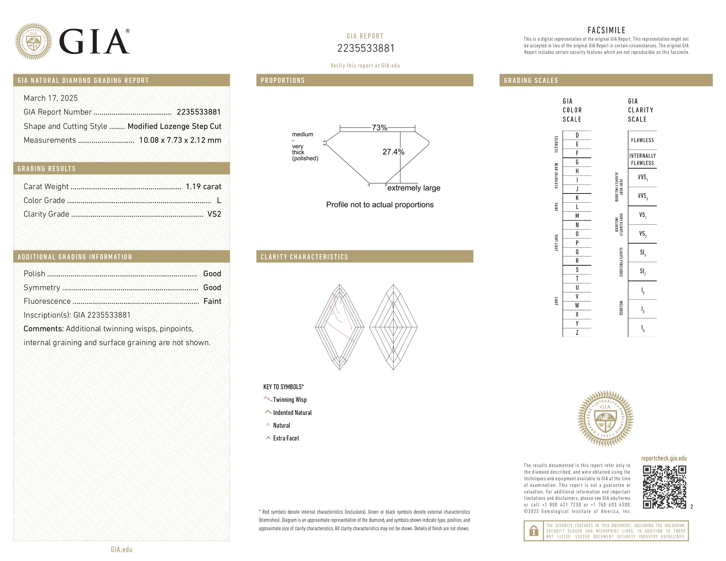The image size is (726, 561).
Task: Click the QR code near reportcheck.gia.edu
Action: pyautogui.click(x=664, y=487)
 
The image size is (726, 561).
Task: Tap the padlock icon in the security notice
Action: pyautogui.click(x=534, y=531)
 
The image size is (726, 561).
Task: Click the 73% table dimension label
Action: pyautogui.click(x=379, y=128)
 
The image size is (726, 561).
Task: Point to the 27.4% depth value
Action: pyautogui.click(x=393, y=152)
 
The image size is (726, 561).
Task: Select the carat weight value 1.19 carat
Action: pyautogui.click(x=203, y=186)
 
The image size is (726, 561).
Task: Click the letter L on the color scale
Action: pyautogui.click(x=577, y=207)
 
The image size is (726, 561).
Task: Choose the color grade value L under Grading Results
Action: pyautogui.click(x=219, y=200)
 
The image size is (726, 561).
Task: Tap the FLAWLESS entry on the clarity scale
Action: pyautogui.click(x=642, y=140)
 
